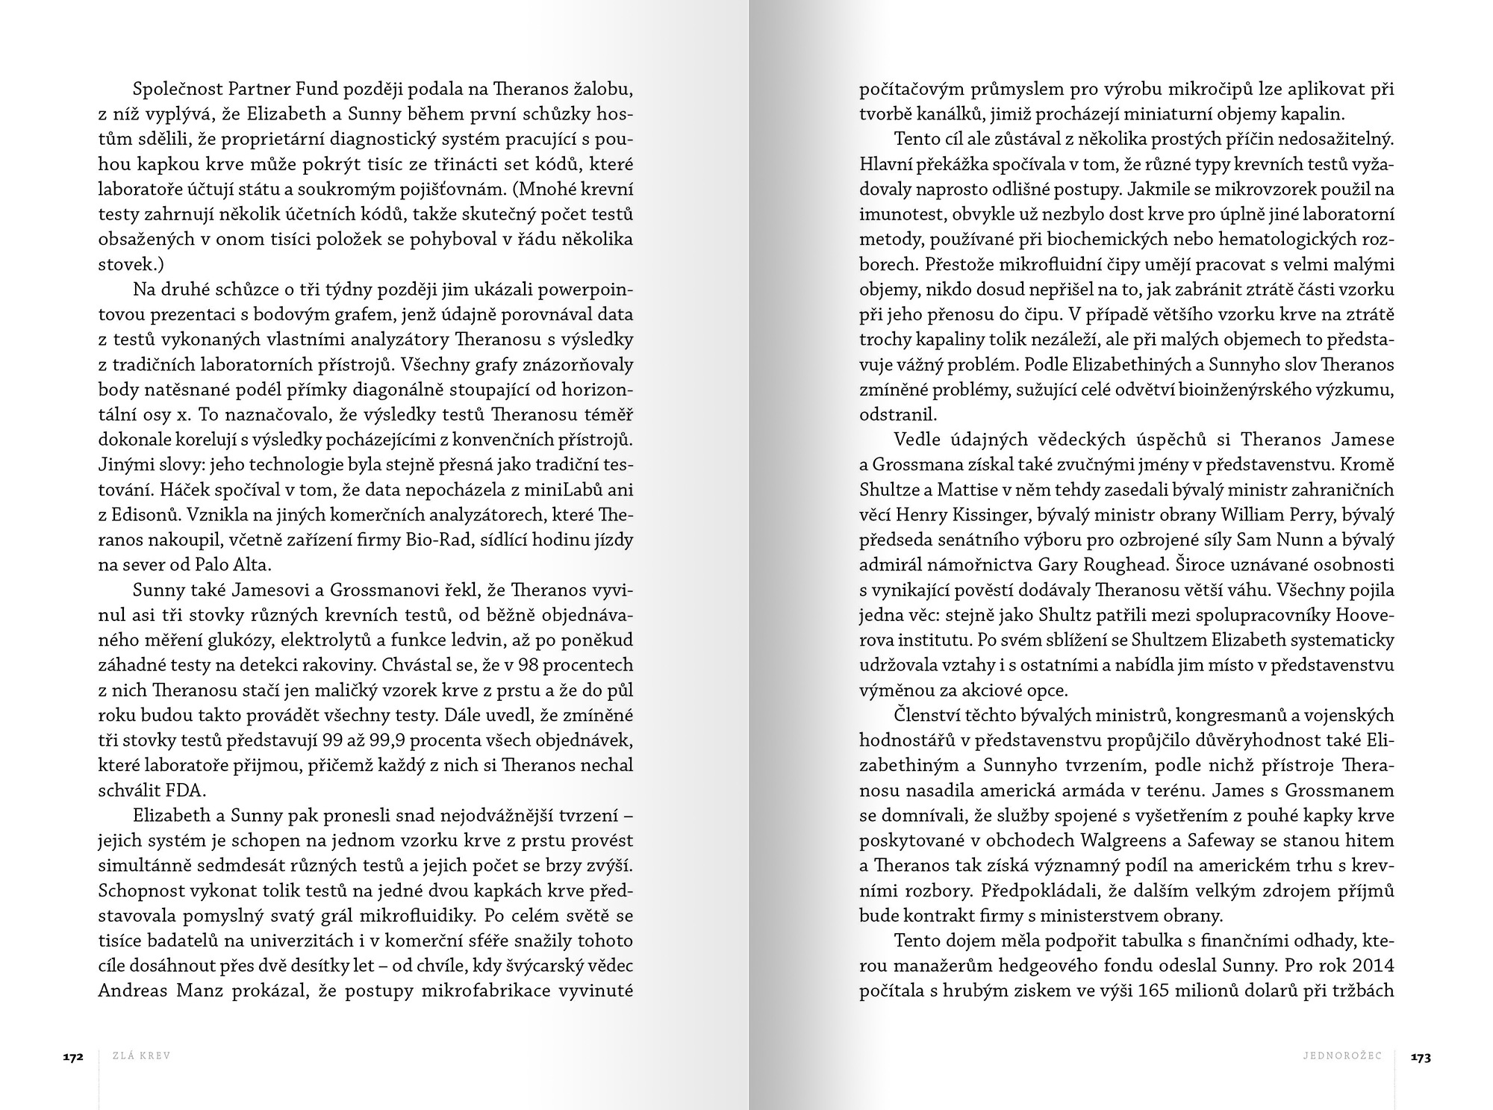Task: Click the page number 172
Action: [x=72, y=1057]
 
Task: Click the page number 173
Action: [x=1420, y=1057]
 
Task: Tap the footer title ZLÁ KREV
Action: [x=141, y=1056]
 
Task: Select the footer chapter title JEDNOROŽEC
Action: [x=1342, y=1056]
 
